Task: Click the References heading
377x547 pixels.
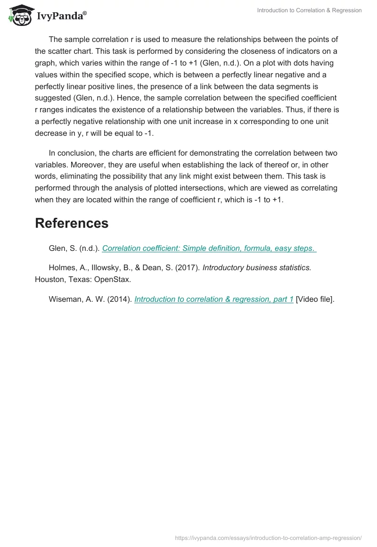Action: tap(72, 223)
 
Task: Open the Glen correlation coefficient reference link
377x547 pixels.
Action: tap(208, 249)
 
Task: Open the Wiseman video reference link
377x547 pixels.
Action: tap(213, 299)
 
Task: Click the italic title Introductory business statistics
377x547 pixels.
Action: tap(257, 267)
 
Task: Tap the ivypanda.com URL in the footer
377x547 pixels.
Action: tap(268, 538)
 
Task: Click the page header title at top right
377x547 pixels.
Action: tap(309, 10)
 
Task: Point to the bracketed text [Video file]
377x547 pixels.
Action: tap(315, 299)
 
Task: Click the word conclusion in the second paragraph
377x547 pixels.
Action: tap(76, 153)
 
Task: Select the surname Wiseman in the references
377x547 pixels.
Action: tap(65, 299)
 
